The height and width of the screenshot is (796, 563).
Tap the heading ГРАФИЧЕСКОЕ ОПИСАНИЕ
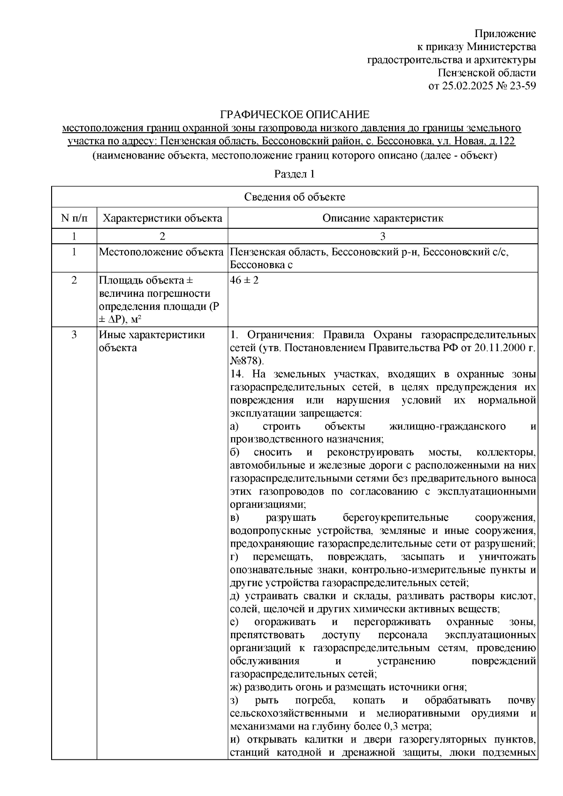click(295, 115)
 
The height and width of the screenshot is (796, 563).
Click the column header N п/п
click(74, 218)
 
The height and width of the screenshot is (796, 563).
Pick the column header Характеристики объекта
click(162, 218)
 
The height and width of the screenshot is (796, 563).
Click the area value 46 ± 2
click(244, 280)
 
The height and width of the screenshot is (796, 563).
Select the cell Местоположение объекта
click(161, 252)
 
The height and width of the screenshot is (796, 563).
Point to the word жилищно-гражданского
click(448, 426)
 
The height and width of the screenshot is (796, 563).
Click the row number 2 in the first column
click(74, 280)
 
